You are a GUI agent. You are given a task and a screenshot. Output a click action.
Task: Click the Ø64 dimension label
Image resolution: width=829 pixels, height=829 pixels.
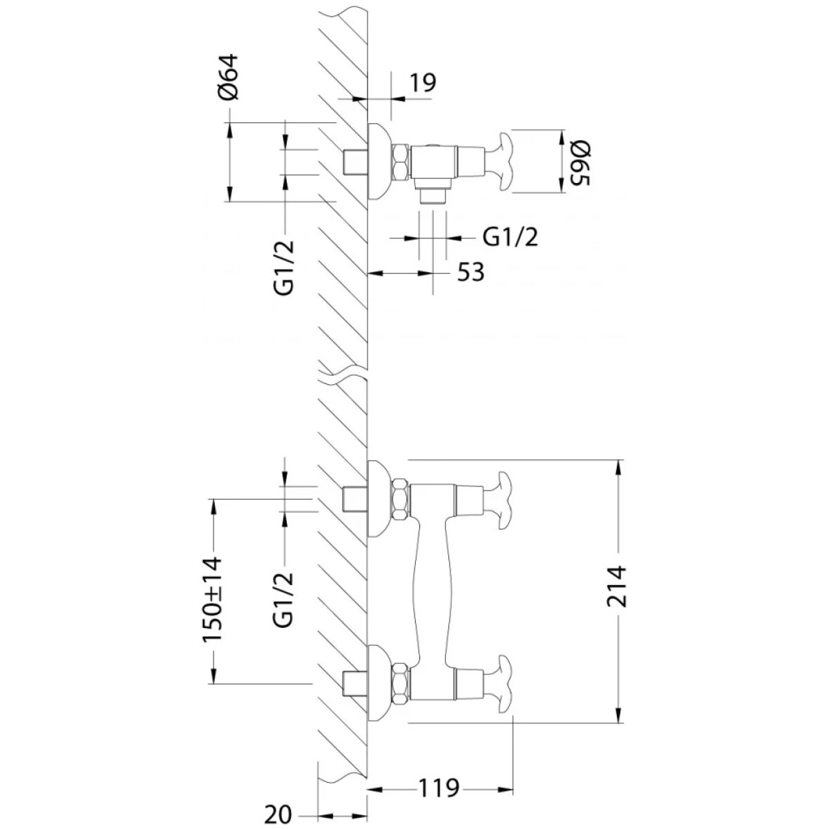228,77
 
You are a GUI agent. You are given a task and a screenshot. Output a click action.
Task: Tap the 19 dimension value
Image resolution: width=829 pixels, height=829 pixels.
422,83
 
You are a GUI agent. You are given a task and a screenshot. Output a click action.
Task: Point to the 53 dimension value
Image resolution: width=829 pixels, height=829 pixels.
470,272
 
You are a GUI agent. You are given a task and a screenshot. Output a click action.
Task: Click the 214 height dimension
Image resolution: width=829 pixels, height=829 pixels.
616,587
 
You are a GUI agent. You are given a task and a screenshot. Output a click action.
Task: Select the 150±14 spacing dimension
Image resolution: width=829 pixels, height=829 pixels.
213,606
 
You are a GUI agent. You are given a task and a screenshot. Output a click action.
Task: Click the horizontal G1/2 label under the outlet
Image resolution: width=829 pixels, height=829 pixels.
511,237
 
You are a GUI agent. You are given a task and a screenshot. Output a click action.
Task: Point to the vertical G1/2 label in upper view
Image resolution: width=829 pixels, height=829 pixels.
284,267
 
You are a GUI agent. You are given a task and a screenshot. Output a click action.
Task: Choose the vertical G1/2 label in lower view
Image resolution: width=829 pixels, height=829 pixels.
283,600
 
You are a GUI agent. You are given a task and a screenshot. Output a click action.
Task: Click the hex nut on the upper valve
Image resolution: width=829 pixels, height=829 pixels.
401,162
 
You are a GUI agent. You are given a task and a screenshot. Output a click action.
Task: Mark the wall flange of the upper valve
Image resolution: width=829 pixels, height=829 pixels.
379,162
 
